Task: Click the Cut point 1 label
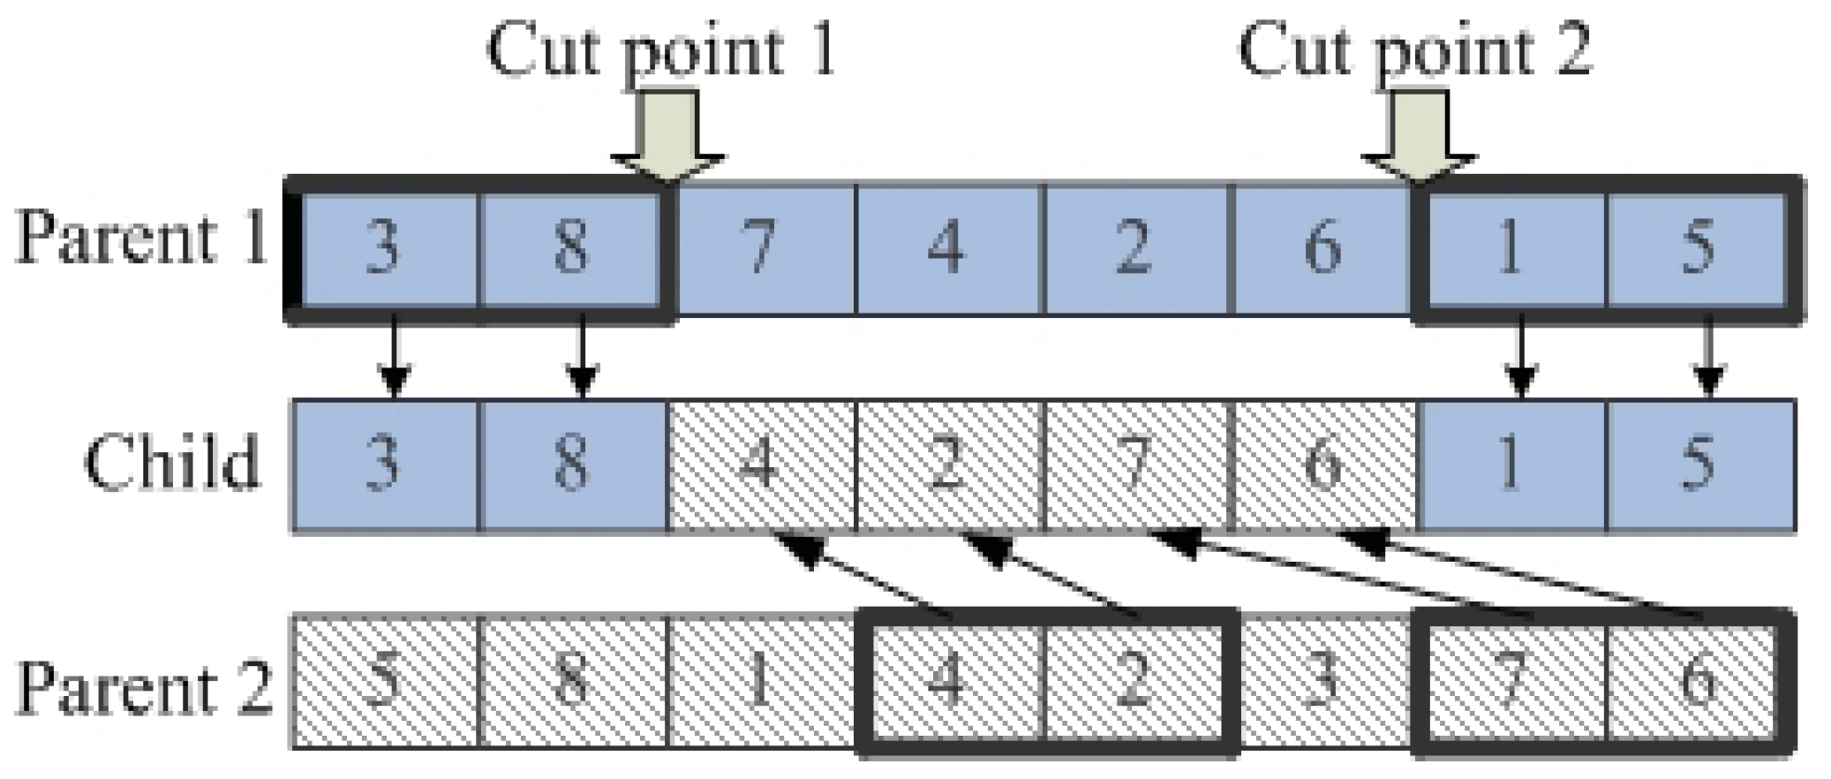pyautogui.click(x=661, y=50)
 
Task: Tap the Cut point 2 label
pyautogui.click(x=1414, y=50)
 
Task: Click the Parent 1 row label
pyautogui.click(x=141, y=240)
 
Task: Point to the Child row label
pyautogui.click(x=173, y=462)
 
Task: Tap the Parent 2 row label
pyautogui.click(x=144, y=687)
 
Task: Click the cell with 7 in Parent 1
pyautogui.click(x=761, y=247)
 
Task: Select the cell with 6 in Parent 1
pyautogui.click(x=1322, y=247)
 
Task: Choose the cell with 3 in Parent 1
pyautogui.click(x=383, y=247)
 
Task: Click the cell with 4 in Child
pyautogui.click(x=761, y=465)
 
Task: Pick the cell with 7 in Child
pyautogui.click(x=1135, y=465)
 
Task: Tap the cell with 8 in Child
pyautogui.click(x=572, y=465)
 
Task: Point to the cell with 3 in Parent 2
pyautogui.click(x=1322, y=683)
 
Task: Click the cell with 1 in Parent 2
pyautogui.click(x=761, y=683)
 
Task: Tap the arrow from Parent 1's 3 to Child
pyautogui.click(x=395, y=360)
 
